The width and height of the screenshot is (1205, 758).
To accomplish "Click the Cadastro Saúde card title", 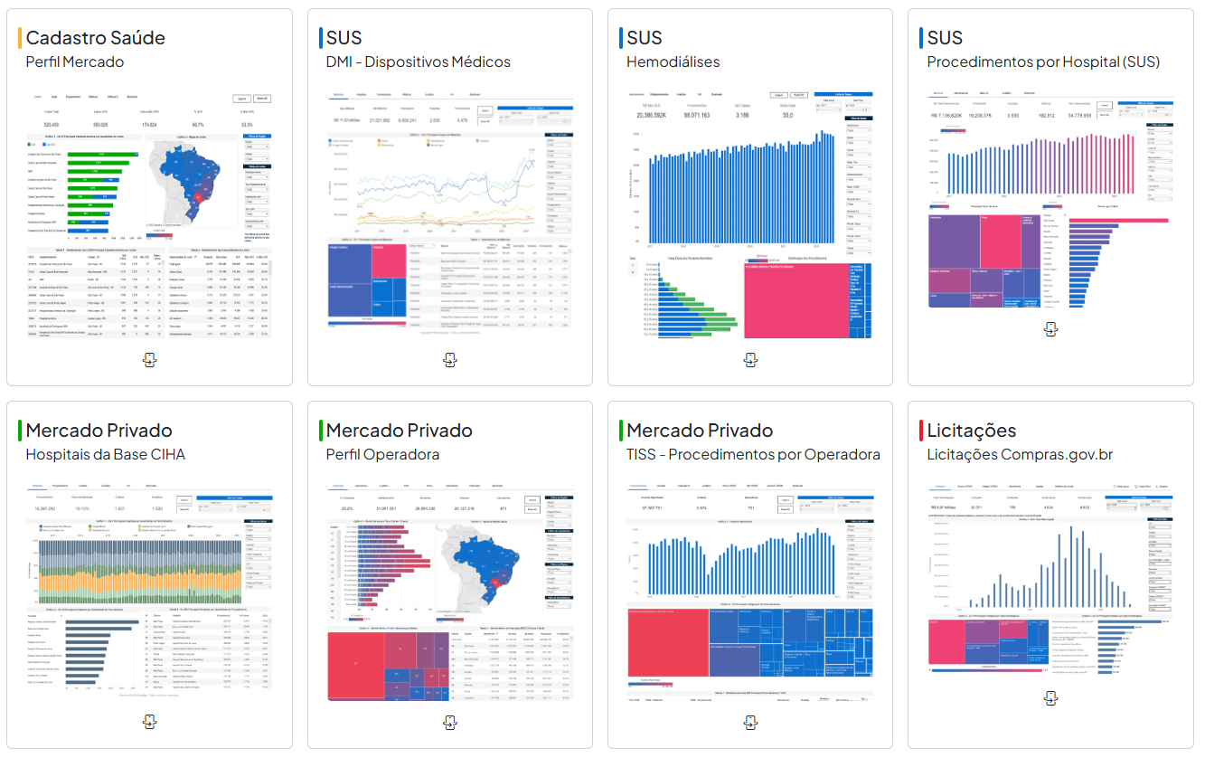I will coord(95,38).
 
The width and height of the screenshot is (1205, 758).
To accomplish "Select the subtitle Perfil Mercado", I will coord(75,62).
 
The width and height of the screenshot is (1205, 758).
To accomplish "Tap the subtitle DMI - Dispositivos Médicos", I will coord(418,62).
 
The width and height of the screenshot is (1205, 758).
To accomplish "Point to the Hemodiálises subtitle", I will coord(673,62).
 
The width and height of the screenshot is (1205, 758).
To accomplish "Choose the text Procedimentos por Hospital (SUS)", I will coord(1043,62).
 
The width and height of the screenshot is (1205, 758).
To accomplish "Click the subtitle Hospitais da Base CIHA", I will coord(105,454).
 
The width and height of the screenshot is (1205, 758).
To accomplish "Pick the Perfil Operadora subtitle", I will coord(382,454).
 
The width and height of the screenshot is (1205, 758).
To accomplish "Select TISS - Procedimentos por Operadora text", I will coord(753,454).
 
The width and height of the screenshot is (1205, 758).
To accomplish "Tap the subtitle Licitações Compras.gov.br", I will coord(1020,454).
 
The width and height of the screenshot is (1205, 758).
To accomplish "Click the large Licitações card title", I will coord(971,431).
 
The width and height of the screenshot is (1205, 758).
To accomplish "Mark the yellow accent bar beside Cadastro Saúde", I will coord(19,38).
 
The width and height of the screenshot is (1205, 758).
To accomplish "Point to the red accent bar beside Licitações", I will coord(920,431).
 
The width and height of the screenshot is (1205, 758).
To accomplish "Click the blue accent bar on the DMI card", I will coord(320,38).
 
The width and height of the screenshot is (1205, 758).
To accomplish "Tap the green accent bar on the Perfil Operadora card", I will coord(320,431).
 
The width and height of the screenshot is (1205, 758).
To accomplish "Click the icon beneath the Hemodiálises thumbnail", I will coord(749,360).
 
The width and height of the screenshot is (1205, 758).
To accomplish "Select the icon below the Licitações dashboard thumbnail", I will coord(1050,698).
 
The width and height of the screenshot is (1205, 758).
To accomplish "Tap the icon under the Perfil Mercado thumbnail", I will coord(150,360).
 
